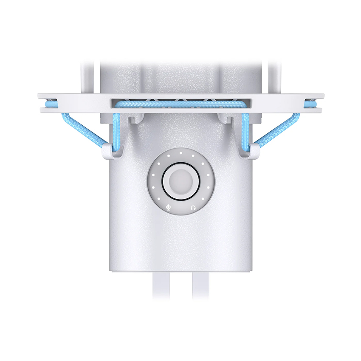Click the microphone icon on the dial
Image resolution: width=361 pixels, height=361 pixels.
tap(169, 207)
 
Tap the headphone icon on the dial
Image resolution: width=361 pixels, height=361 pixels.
tap(193, 207)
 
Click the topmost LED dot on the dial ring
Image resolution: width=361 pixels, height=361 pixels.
tap(181, 151)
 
